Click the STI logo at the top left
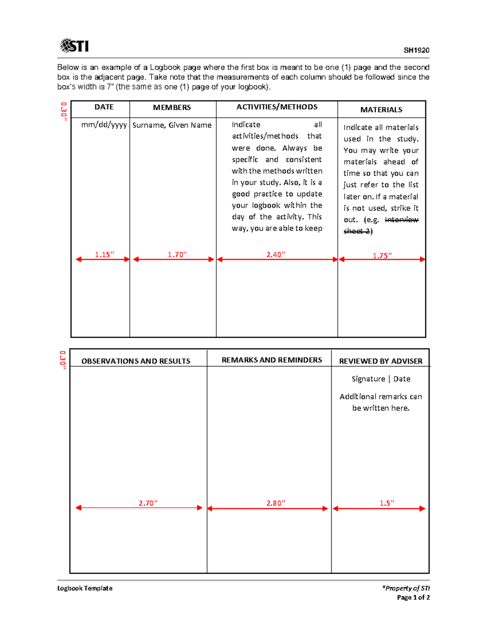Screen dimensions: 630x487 click(x=74, y=46)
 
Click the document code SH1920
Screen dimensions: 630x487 click(x=416, y=50)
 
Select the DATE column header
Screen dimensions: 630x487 click(x=104, y=107)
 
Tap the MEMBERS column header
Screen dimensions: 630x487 click(x=172, y=108)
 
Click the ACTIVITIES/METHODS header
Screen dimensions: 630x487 click(x=277, y=107)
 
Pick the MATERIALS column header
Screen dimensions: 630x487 click(x=381, y=110)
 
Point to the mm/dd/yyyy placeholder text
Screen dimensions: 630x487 click(x=104, y=125)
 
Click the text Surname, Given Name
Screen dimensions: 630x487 click(x=172, y=125)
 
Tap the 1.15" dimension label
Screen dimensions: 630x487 click(x=104, y=254)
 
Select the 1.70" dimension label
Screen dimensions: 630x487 click(x=177, y=254)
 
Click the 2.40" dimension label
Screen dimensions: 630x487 click(x=276, y=254)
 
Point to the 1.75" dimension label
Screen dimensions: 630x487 click(x=382, y=256)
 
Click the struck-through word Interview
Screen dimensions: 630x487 click(x=401, y=220)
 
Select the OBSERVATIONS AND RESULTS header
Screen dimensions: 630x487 click(x=136, y=361)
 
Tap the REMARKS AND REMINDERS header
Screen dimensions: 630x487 click(x=272, y=360)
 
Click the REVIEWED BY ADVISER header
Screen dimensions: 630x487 click(x=380, y=361)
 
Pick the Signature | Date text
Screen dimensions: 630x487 click(x=381, y=379)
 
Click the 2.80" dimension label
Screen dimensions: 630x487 click(x=276, y=503)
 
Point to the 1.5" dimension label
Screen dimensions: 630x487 click(x=387, y=503)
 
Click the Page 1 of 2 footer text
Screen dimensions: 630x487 click(x=413, y=598)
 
